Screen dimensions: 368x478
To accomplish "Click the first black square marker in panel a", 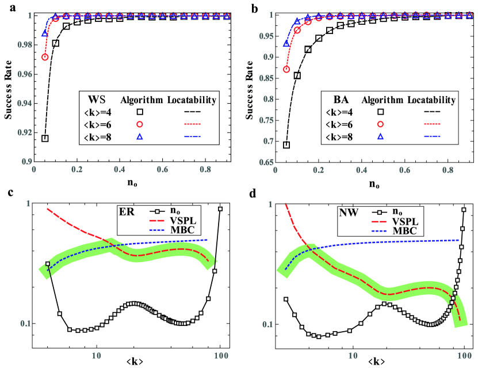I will point(45,138).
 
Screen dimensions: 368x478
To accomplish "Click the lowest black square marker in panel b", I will point(286,145).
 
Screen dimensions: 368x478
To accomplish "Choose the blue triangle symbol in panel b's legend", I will point(381,136).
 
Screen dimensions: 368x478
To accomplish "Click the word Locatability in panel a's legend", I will point(191,100).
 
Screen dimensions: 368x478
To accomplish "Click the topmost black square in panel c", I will point(220,209).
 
